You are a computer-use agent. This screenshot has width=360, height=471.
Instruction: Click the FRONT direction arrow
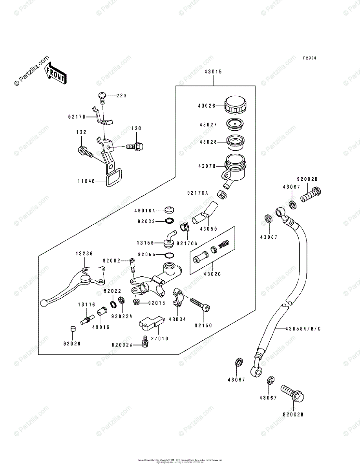click(55, 75)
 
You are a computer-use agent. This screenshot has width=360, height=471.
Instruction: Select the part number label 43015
click(213, 72)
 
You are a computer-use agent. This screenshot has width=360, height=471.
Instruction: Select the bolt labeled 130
click(135, 146)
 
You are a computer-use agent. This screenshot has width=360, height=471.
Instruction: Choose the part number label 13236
click(84, 254)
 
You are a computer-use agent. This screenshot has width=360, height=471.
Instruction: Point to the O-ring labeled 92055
click(169, 256)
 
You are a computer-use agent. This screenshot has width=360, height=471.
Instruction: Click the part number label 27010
click(161, 338)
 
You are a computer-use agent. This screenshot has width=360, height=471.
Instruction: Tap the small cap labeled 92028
click(72, 329)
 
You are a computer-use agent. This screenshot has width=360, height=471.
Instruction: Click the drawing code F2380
click(310, 58)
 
